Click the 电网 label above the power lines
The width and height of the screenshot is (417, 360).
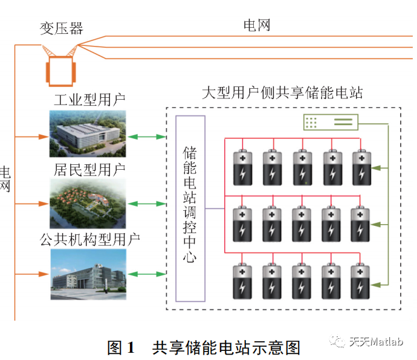click(x=257, y=25)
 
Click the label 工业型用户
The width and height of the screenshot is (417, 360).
click(x=89, y=100)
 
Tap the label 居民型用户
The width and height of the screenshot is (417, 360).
click(x=89, y=169)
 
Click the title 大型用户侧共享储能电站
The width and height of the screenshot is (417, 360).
click(x=282, y=93)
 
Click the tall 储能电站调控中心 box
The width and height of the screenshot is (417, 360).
click(x=190, y=208)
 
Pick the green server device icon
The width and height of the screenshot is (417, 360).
click(x=329, y=123)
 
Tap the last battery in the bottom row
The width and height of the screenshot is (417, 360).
click(x=361, y=281)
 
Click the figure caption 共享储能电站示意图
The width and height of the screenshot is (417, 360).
click(x=226, y=347)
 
